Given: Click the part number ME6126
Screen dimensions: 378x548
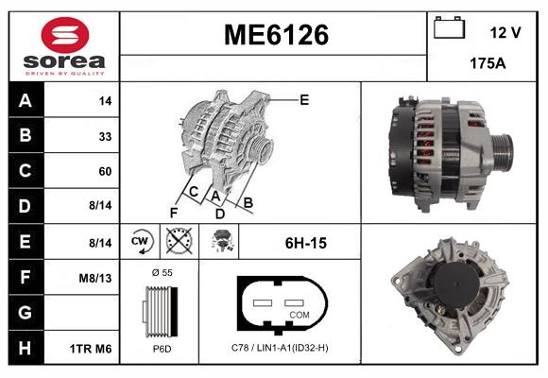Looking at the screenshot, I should (275, 36).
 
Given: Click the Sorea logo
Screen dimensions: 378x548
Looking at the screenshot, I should (64, 46).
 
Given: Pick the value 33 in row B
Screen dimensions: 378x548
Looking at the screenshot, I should (104, 136).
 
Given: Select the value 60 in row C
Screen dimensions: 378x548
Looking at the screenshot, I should (104, 172).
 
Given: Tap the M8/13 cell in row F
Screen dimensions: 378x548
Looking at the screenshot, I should (95, 278).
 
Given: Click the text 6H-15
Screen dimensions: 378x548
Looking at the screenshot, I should (305, 243).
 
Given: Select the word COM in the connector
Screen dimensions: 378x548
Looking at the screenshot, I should (299, 314).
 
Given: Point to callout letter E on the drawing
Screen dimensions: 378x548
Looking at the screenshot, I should (303, 99).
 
